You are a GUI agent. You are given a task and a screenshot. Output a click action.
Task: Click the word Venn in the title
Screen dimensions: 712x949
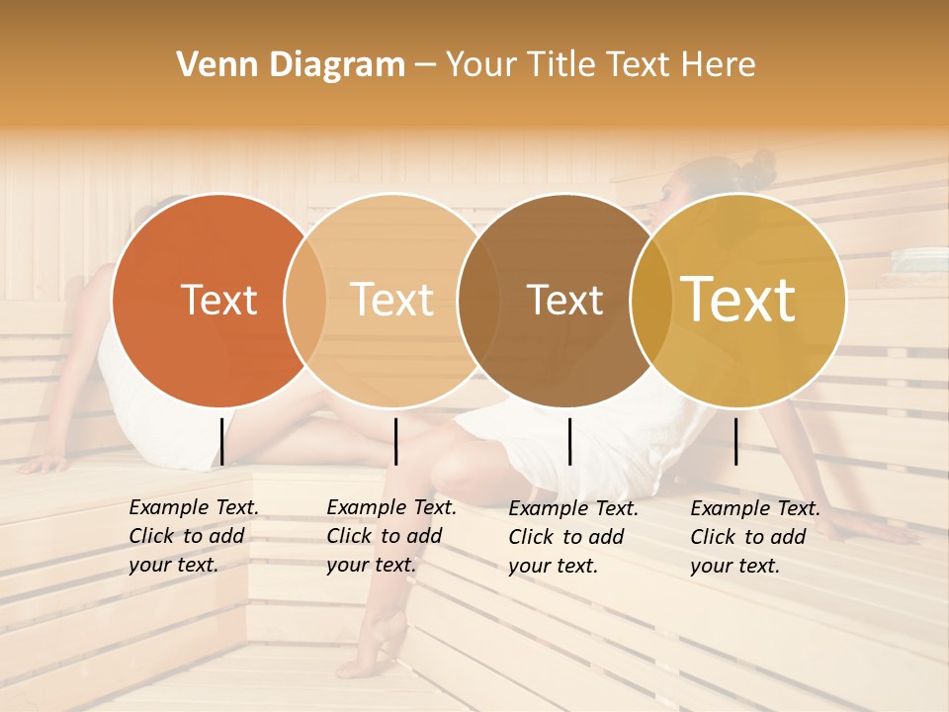(212, 65)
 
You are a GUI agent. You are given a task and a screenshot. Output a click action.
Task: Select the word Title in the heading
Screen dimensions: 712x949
(561, 65)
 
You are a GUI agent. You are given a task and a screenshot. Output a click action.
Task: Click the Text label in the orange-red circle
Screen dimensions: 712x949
(218, 300)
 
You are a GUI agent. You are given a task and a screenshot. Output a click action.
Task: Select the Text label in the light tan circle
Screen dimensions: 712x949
(391, 300)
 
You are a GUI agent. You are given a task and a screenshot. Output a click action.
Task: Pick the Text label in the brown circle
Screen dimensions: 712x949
(564, 300)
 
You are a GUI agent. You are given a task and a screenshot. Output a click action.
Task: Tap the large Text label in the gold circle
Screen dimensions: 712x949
(737, 300)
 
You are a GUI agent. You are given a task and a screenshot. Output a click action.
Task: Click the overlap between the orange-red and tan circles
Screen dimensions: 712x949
(305, 300)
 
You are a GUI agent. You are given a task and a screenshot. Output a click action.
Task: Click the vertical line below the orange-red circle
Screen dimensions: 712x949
(222, 441)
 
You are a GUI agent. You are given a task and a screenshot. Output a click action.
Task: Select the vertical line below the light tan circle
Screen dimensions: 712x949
(395, 441)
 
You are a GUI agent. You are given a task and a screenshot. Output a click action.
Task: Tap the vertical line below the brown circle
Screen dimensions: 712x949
(569, 441)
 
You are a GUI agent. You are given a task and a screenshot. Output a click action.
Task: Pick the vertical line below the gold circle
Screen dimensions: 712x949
(736, 441)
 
